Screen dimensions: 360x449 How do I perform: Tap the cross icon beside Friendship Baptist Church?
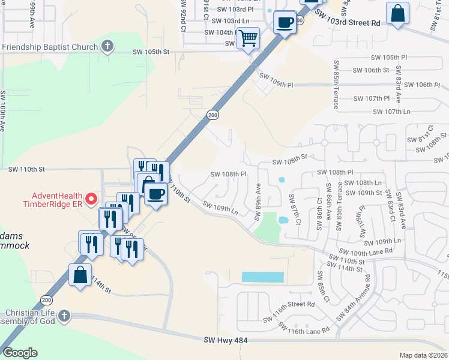coord(107,46)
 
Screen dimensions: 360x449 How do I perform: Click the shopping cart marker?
coord(248,38)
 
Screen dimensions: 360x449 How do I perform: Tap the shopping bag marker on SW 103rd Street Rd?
coord(398,13)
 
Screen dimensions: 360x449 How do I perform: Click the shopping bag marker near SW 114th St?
coord(80,275)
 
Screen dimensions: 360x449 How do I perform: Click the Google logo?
coord(19,353)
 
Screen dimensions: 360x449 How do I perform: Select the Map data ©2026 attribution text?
coord(423,355)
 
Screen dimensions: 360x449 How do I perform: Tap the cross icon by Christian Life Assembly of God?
coord(65,316)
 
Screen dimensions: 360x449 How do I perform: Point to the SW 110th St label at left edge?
coord(26,170)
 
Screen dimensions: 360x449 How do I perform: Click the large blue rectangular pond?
coord(262,277)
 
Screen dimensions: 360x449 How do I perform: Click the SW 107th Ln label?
coord(391,112)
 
